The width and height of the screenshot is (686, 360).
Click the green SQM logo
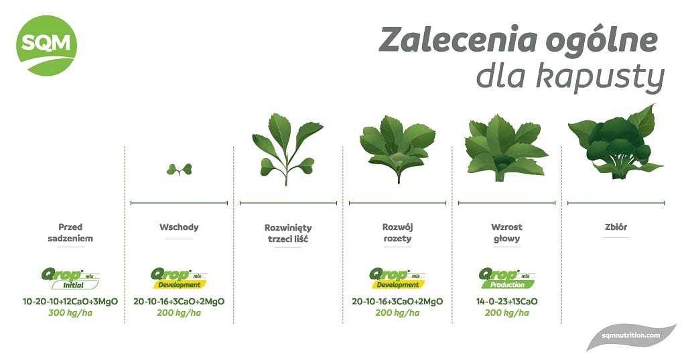pyautogui.click(x=46, y=46)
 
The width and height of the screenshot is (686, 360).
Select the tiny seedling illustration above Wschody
pyautogui.click(x=179, y=169)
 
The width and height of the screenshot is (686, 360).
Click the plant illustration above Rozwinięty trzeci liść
pyautogui.click(x=287, y=149)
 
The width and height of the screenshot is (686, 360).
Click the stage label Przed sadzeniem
pyautogui.click(x=70, y=233)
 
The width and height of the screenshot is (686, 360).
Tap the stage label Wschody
pyautogui.click(x=179, y=227)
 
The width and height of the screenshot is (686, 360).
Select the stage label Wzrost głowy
pyautogui.click(x=506, y=233)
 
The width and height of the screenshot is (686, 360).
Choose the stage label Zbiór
pyautogui.click(x=616, y=227)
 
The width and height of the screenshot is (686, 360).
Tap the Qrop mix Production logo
pyautogui.click(x=507, y=279)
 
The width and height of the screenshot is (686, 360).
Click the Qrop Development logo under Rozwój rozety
pyautogui.click(x=398, y=279)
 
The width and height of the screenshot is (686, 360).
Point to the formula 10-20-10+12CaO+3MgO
pyautogui.click(x=70, y=301)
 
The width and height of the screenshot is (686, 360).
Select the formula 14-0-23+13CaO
pyautogui.click(x=507, y=301)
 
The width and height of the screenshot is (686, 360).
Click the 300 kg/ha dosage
pyautogui.click(x=70, y=312)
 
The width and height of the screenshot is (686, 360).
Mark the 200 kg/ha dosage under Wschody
pyautogui.click(x=179, y=312)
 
